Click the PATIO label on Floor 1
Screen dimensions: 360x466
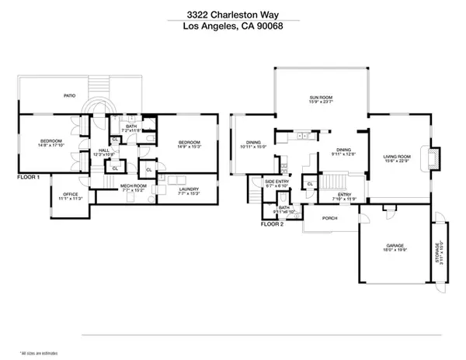pos(69,96)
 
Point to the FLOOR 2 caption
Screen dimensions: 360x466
pos(272,223)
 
